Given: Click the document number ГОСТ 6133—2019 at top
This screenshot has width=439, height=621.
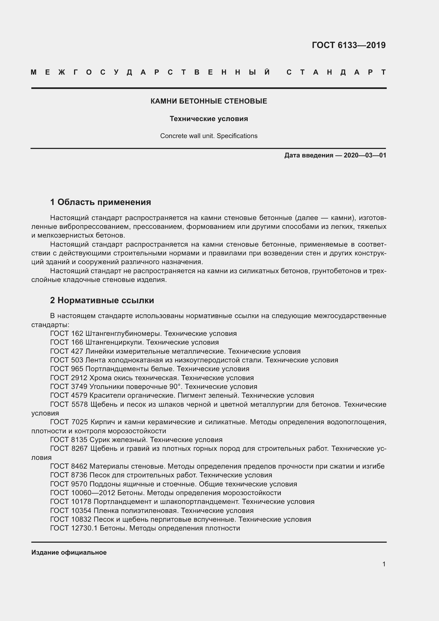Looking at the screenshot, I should point(349,45).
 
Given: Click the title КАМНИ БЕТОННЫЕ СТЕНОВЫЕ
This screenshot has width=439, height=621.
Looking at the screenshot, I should point(209,101).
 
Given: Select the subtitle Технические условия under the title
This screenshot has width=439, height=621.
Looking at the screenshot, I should point(209,119).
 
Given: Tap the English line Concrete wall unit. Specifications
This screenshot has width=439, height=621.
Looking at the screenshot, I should point(209,136).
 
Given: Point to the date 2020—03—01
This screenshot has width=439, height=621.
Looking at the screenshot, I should point(365,155).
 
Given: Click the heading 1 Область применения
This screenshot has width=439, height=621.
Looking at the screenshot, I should point(101,202).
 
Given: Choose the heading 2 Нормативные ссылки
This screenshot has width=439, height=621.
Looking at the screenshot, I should point(102,300).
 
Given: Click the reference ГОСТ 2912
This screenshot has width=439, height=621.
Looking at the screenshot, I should point(69,378).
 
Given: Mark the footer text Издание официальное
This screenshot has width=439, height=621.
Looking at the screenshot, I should point(69,552).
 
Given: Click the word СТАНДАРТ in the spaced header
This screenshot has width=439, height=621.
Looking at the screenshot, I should point(336,72).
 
